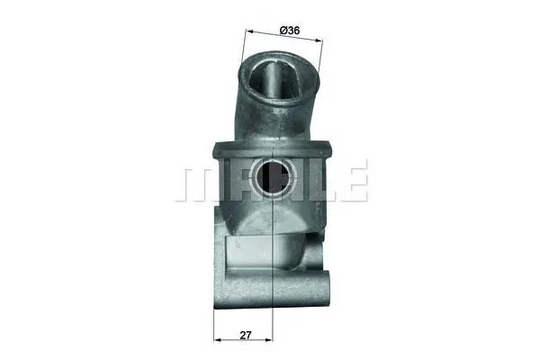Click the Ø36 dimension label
[x=290, y=31]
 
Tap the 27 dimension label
[x=246, y=335]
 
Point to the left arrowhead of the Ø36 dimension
[x=250, y=31]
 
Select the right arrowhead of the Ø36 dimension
[x=319, y=40]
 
